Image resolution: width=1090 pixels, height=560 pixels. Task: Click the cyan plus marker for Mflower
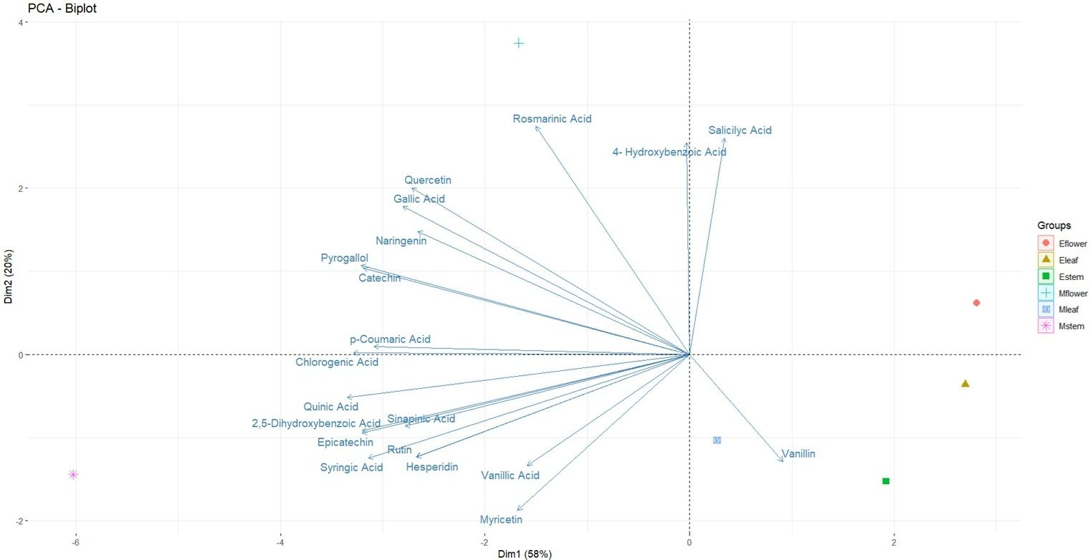519,43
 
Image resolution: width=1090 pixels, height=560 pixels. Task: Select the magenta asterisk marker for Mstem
73,474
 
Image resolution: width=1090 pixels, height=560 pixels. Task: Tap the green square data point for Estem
886,481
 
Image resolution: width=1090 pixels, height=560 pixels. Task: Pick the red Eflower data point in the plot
976,303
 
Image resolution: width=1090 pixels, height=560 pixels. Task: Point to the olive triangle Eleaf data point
965,384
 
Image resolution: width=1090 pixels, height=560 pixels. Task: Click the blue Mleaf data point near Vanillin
717,440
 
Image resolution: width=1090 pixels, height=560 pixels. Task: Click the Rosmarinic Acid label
552,119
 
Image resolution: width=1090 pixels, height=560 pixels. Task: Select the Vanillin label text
798,454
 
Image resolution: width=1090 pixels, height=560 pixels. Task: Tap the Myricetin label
501,519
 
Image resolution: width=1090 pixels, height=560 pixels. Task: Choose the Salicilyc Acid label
740,130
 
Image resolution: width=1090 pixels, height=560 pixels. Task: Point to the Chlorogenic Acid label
337,362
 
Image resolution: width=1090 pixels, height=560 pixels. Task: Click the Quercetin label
428,180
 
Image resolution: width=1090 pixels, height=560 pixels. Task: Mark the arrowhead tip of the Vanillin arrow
783,461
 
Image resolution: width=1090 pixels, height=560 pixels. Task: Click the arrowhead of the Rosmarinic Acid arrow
536,126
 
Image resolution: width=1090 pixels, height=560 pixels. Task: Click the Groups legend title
1053,226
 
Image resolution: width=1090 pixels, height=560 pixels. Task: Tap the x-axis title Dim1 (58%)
525,554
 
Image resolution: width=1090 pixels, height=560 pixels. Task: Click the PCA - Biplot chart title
62,9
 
